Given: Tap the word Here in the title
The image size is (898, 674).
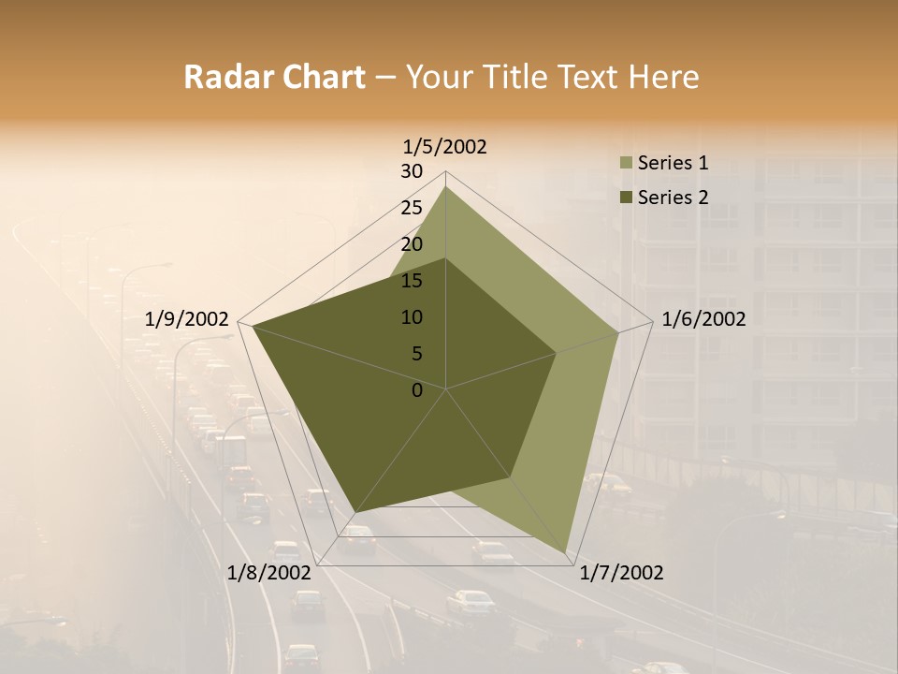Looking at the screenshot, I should coord(664,77).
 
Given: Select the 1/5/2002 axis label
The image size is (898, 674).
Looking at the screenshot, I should coord(445,146).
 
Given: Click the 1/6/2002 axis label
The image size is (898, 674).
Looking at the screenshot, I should coord(703,319).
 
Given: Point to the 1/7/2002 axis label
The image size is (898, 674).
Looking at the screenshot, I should coord(621,573).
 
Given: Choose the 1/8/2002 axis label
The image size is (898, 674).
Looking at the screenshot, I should coord(269,573).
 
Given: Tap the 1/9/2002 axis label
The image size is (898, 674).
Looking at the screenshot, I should coord(186,319).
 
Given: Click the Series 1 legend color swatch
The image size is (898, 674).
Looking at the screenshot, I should coord(624,164).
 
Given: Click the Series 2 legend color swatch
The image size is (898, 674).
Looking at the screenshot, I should coord(624,198).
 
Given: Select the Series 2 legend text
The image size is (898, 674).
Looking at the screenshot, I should coord(673,198).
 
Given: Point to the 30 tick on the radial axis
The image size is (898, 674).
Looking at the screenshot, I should coord(412,171).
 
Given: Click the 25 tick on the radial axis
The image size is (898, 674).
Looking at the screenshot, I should coord(412,208).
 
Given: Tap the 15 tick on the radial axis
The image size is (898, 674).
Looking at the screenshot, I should coord(412,281).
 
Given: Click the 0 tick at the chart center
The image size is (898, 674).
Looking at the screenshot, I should coord(417,390).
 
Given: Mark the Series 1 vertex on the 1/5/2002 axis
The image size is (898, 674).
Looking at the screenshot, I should coord(445,186).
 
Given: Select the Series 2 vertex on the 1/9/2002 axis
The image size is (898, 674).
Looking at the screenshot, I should coord(253,327).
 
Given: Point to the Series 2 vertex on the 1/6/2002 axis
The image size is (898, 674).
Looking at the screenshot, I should coord(556,354).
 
